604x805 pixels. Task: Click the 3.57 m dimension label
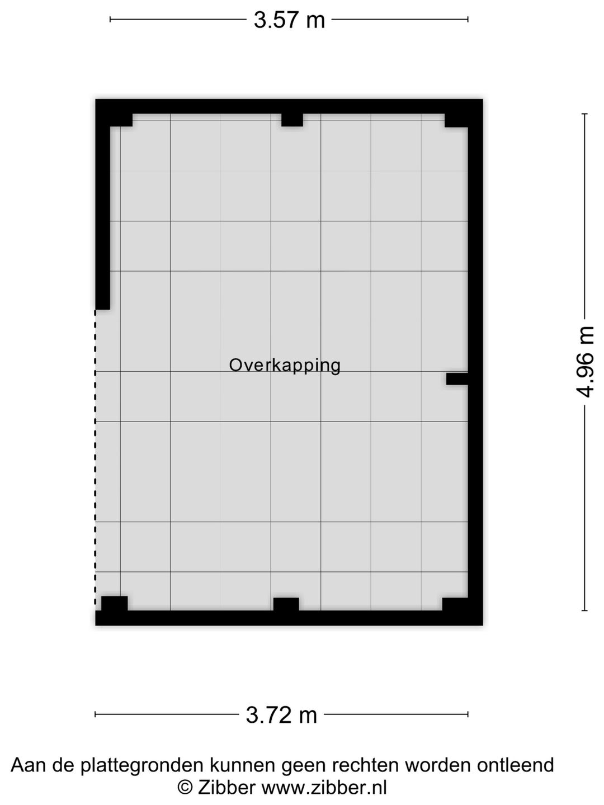[289, 20]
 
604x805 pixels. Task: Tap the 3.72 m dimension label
[281, 714]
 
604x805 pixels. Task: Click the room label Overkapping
[285, 365]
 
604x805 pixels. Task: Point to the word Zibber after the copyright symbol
[226, 787]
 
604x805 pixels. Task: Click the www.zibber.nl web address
[324, 787]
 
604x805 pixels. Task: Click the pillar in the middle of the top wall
[292, 120]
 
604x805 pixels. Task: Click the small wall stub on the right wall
[457, 378]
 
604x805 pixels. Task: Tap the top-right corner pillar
[456, 120]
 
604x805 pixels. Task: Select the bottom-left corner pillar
[114, 604]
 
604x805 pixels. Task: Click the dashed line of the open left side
[95, 458]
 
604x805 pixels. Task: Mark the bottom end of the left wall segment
[102, 305]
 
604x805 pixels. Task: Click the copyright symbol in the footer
[185, 787]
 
